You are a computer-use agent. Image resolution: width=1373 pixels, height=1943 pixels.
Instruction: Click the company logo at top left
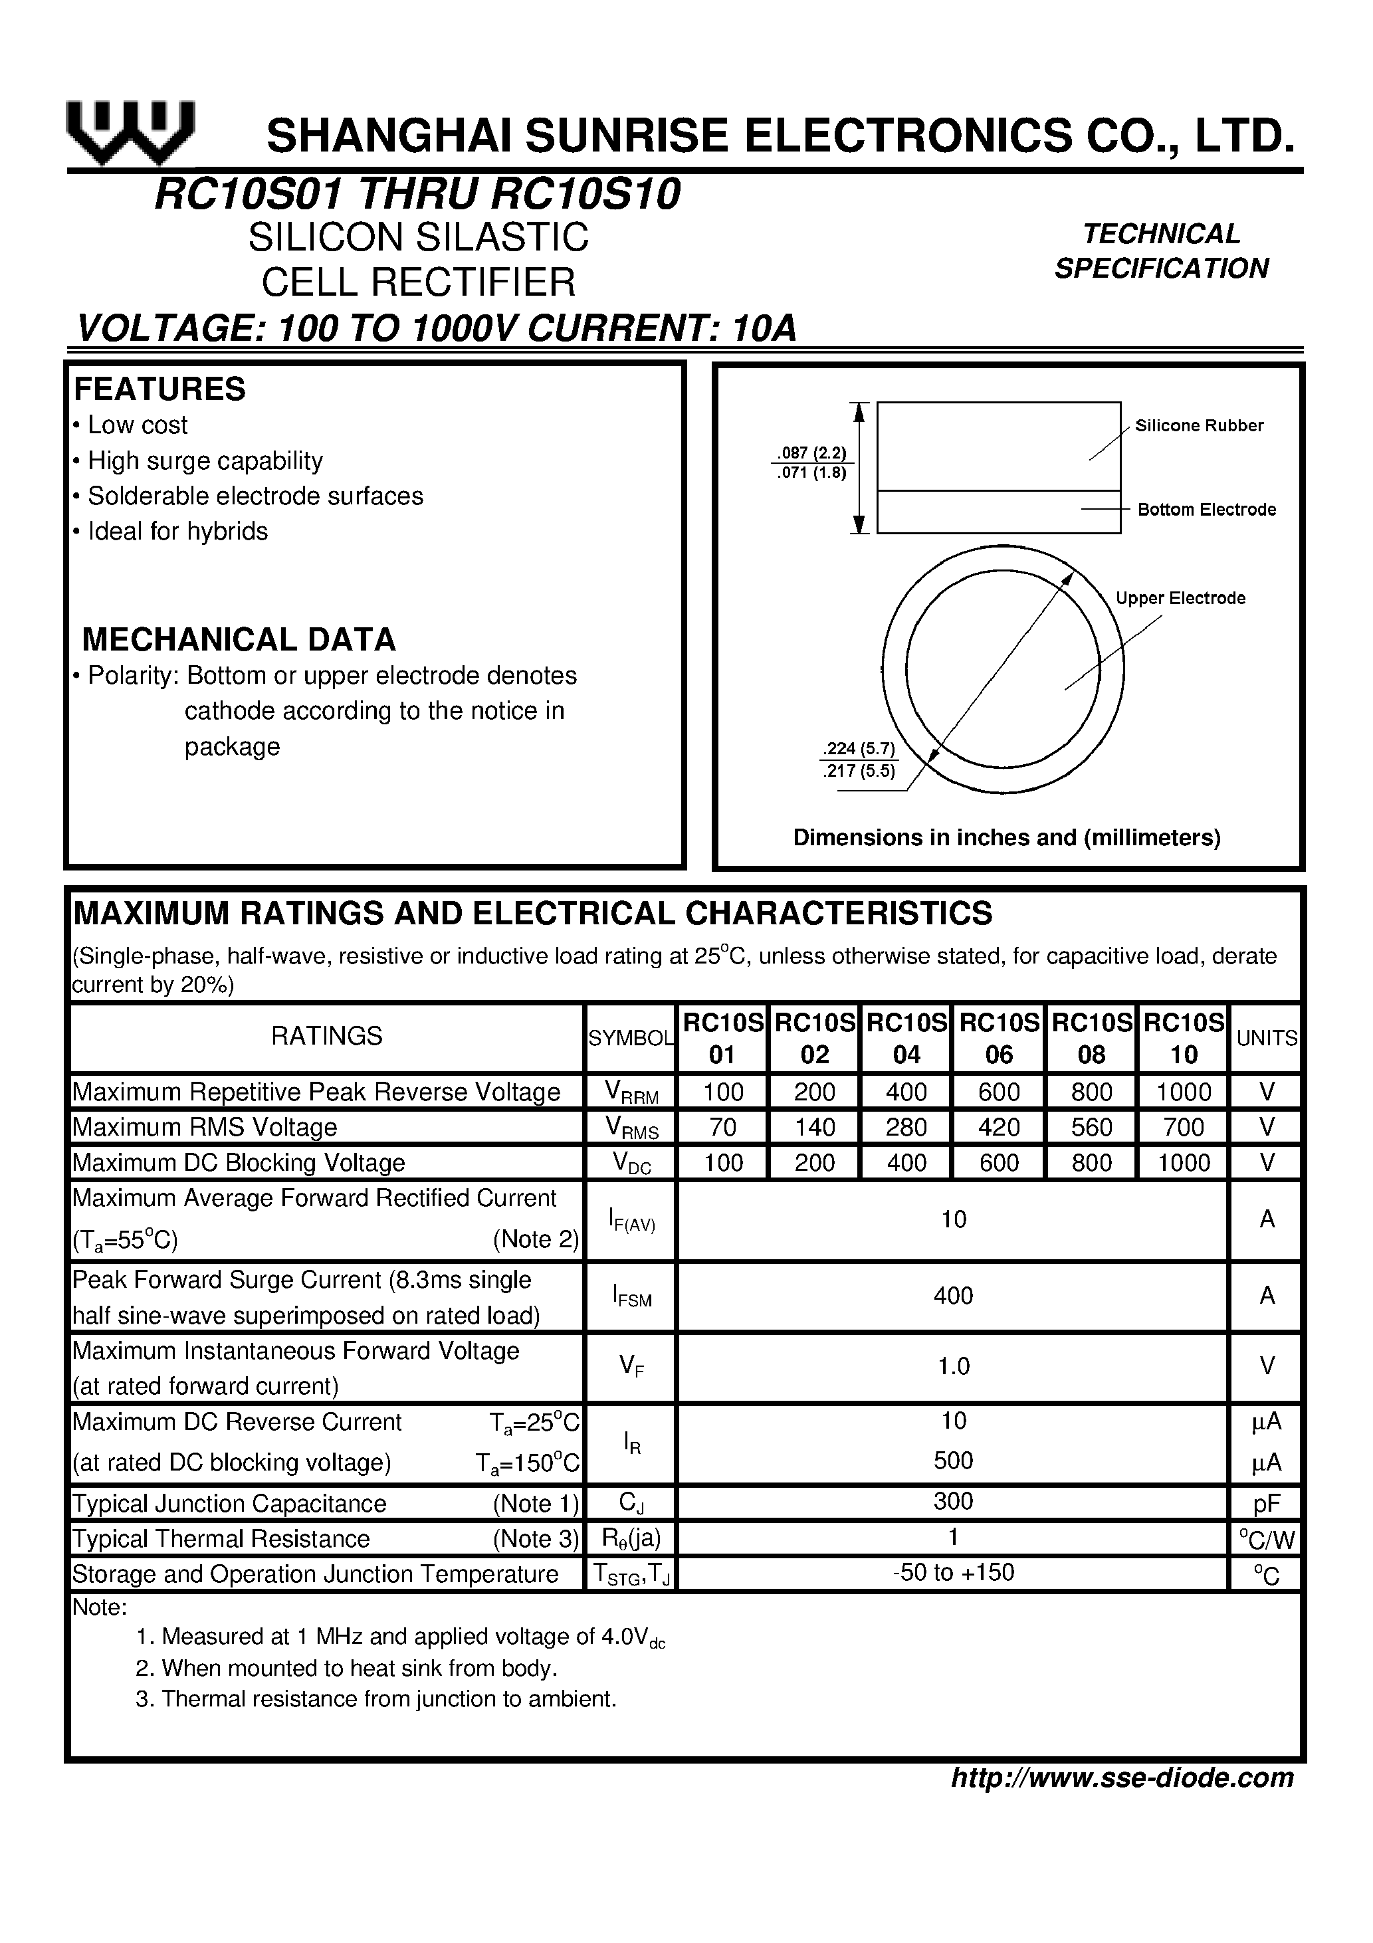coord(131,134)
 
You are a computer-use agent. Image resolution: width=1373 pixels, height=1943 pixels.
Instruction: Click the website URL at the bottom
coord(1122,1777)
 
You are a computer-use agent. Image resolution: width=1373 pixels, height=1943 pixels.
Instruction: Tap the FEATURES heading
coord(160,389)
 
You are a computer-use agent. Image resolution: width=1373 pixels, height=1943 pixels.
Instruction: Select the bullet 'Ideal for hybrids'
coord(177,532)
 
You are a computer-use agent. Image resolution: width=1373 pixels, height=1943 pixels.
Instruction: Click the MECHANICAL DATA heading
coord(239,639)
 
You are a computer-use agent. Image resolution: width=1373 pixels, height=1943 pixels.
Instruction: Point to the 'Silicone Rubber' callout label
coord(1199,426)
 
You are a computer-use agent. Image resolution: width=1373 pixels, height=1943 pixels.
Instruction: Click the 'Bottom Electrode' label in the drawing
coord(1206,510)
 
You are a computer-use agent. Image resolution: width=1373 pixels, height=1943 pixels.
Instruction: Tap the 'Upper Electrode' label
coord(1180,598)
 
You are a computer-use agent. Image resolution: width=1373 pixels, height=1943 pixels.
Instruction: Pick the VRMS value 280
coord(906,1127)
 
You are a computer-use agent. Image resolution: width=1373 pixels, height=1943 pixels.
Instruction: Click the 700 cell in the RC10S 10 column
coord(1184,1127)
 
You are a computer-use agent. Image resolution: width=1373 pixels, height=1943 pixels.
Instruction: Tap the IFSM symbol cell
coord(631,1296)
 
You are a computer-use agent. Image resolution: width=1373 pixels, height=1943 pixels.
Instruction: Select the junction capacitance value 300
coord(953,1501)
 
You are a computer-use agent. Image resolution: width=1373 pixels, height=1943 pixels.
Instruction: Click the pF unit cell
coord(1267,1504)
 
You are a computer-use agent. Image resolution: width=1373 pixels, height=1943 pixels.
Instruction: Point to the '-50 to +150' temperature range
coord(953,1572)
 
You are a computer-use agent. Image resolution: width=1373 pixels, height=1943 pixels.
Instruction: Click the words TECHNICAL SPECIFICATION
coord(1162,251)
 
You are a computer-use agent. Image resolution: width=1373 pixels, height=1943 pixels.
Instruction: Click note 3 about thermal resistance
coord(376,1698)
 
